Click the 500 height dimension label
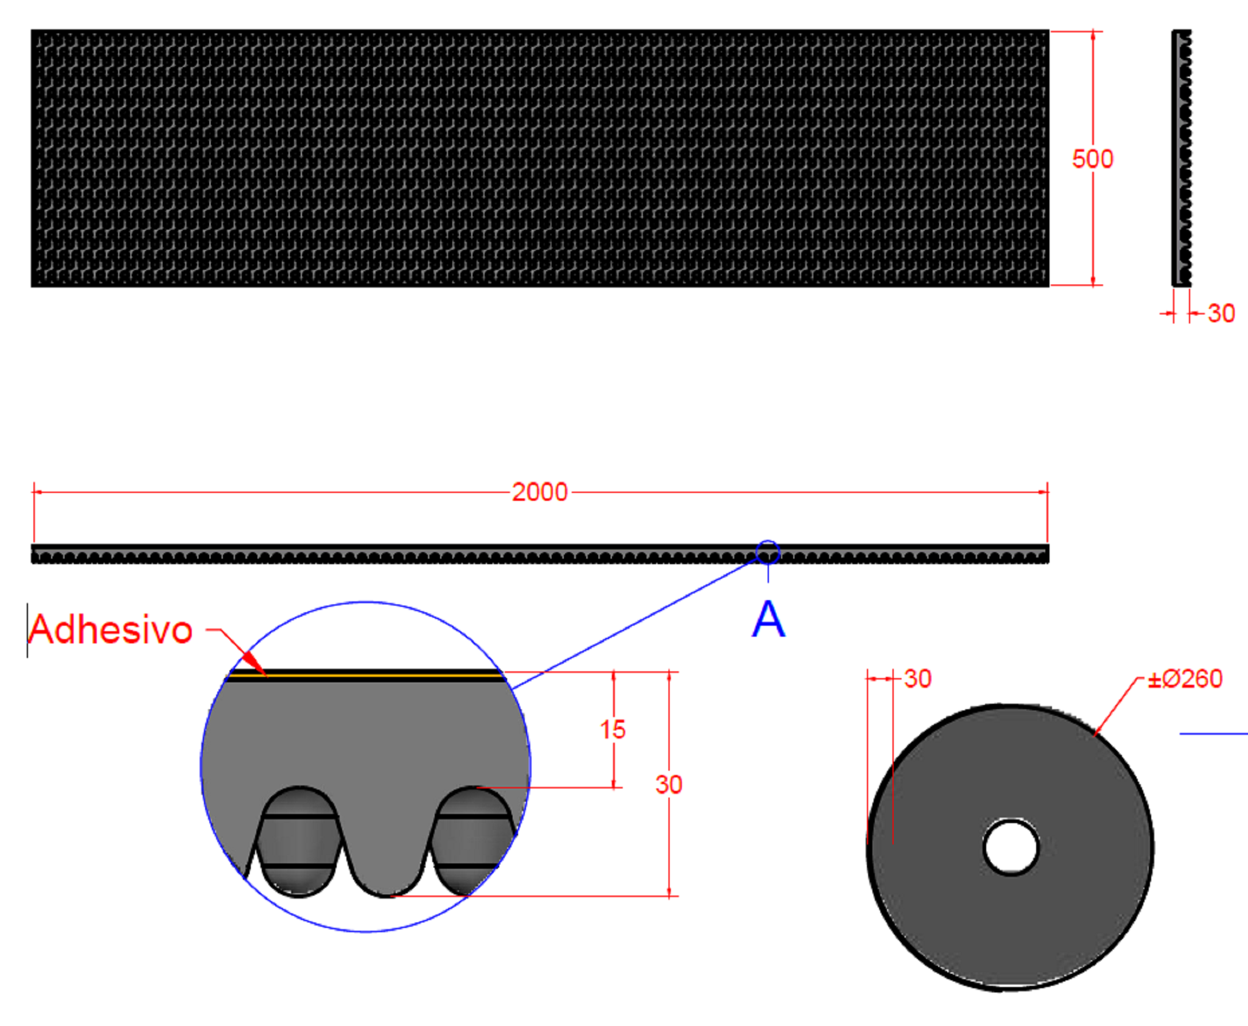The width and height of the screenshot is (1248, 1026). tap(1092, 160)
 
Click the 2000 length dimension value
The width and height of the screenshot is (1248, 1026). tap(539, 492)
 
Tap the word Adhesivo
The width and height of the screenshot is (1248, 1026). tap(111, 629)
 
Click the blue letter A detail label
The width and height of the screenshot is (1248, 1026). tap(768, 620)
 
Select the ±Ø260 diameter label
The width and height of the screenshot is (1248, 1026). tap(1185, 679)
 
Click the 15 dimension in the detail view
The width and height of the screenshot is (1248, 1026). tap(612, 730)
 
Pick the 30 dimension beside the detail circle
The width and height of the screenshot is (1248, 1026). tap(668, 785)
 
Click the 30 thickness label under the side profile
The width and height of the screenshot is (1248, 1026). tap(1221, 314)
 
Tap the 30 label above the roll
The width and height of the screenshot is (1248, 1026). tap(917, 679)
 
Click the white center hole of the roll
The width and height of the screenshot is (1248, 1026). tap(1011, 847)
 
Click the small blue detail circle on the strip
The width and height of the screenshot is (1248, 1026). tap(768, 552)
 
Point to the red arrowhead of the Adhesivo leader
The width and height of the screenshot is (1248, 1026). tap(254, 663)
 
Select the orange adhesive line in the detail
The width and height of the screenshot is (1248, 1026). tap(365, 676)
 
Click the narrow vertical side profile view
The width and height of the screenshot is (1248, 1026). tap(1181, 158)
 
